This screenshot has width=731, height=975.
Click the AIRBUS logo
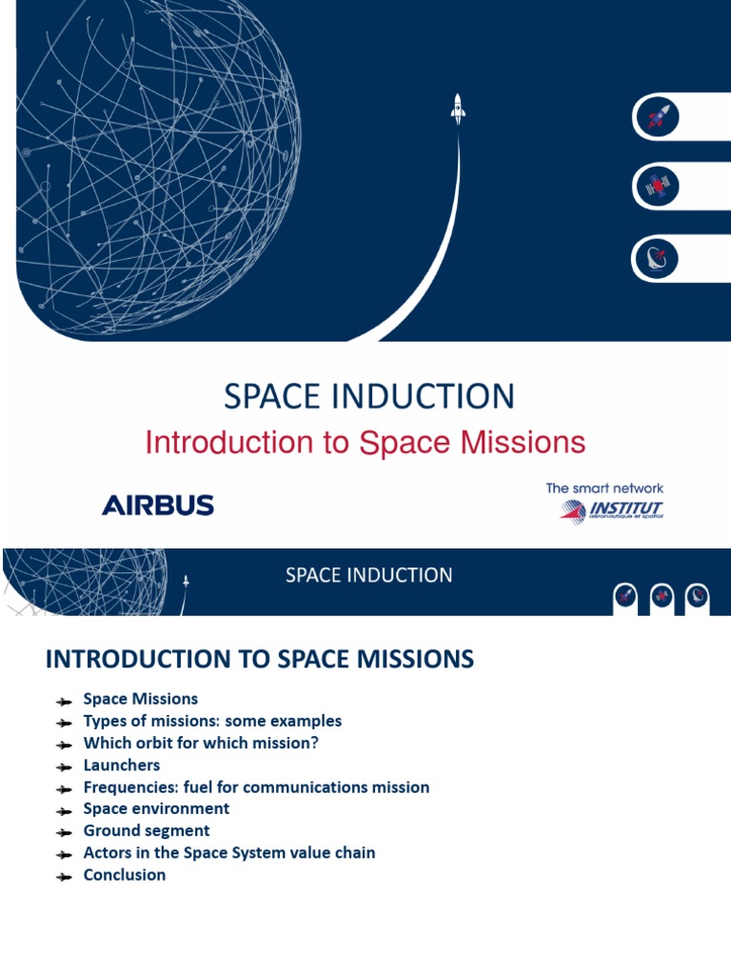(158, 505)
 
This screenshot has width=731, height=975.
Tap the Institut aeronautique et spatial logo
(612, 509)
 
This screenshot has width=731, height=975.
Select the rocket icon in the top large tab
(656, 117)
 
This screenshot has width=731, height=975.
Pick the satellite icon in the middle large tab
(656, 187)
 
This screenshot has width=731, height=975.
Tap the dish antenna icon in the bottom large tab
(656, 256)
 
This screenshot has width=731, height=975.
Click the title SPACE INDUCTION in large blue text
(369, 396)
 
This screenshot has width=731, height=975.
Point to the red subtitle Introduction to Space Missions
(365, 443)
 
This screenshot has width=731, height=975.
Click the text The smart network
(604, 488)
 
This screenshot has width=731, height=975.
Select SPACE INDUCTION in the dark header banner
(369, 575)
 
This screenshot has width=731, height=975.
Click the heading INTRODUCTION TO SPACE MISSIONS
(260, 659)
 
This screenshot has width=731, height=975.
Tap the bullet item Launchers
(122, 766)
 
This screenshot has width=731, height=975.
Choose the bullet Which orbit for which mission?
(201, 744)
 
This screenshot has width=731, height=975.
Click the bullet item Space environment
(156, 808)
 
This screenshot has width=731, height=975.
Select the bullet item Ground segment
(147, 831)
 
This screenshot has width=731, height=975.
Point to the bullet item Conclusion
(125, 875)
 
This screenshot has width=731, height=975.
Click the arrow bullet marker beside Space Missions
(64, 701)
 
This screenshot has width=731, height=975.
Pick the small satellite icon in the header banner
(661, 596)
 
